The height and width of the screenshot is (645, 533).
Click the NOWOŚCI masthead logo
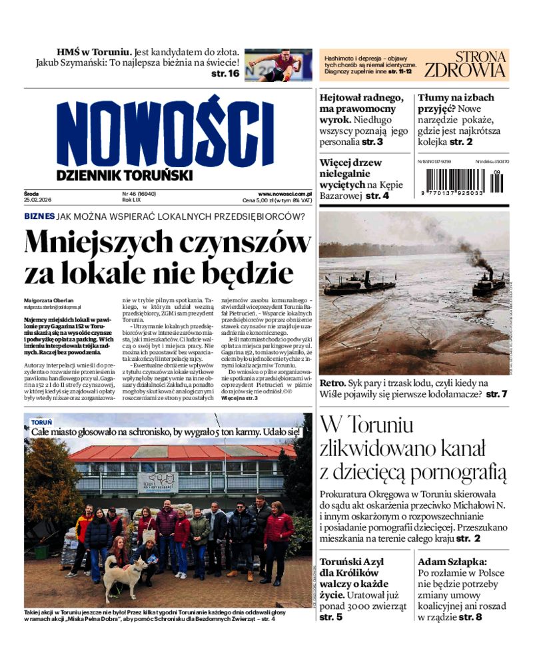click(165, 132)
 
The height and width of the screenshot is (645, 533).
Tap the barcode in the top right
click(460, 182)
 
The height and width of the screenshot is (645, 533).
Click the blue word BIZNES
click(39, 216)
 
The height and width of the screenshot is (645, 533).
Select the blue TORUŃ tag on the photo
click(41, 421)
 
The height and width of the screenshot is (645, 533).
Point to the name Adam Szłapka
click(452, 561)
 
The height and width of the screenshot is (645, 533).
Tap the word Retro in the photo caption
click(332, 383)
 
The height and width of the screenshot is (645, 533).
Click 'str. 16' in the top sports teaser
click(225, 75)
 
